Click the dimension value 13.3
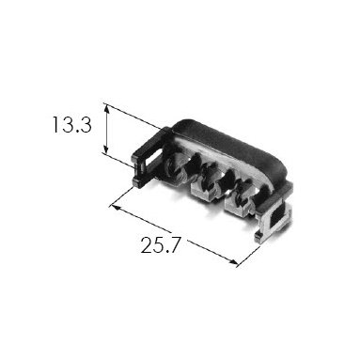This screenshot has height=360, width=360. pos(72,124)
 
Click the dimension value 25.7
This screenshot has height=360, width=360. pos(161,245)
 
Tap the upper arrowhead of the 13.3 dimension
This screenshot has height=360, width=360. pos(107,109)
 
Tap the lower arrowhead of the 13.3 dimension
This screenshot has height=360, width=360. pos(107,149)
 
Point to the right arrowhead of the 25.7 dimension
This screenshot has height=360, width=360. pos(233,261)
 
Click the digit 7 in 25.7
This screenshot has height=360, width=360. pos(175,245)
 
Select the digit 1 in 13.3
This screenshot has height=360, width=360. pos(55,124)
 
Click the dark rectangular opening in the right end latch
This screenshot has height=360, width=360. pos(277,216)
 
